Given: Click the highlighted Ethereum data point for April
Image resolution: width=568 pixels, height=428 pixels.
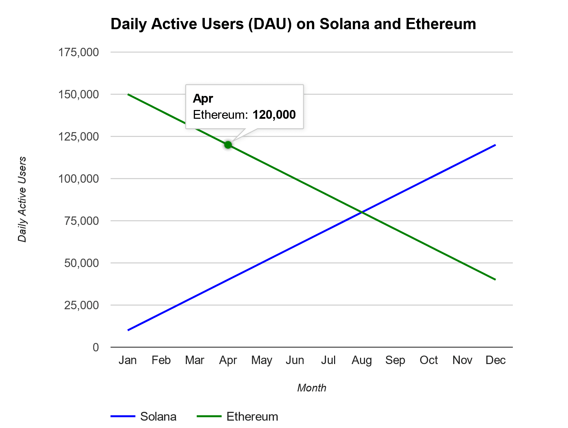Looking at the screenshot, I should click(x=228, y=145).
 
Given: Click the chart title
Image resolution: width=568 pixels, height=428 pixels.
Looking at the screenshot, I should click(x=293, y=24).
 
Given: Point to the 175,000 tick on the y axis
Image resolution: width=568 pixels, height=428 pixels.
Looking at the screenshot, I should click(x=79, y=52).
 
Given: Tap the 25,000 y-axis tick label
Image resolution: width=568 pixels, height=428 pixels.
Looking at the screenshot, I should click(x=81, y=305).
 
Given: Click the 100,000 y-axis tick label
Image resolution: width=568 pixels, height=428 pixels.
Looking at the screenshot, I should click(x=79, y=179).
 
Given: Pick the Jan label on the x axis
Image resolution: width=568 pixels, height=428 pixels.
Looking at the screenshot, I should click(x=128, y=360).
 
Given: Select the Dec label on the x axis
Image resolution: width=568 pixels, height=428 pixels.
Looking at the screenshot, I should click(x=495, y=360).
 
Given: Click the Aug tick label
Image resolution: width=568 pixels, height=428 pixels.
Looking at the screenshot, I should click(x=362, y=360).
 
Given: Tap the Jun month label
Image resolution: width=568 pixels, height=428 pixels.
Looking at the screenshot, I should click(x=295, y=360).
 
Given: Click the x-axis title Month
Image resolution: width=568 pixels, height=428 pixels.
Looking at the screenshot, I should click(x=312, y=388).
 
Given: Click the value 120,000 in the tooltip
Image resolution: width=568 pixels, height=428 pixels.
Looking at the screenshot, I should click(x=274, y=115).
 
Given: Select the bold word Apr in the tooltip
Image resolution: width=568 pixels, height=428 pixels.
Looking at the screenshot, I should click(x=203, y=98).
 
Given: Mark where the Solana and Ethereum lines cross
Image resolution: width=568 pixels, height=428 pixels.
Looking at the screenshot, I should click(x=361, y=212).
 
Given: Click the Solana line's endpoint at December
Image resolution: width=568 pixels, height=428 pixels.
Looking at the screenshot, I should click(x=495, y=145).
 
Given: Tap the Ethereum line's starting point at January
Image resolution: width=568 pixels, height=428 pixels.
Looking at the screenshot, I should click(x=128, y=94).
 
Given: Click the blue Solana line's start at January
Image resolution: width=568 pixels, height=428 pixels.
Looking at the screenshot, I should click(x=128, y=330).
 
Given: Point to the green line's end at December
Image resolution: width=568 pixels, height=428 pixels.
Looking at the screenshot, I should click(x=495, y=280).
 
